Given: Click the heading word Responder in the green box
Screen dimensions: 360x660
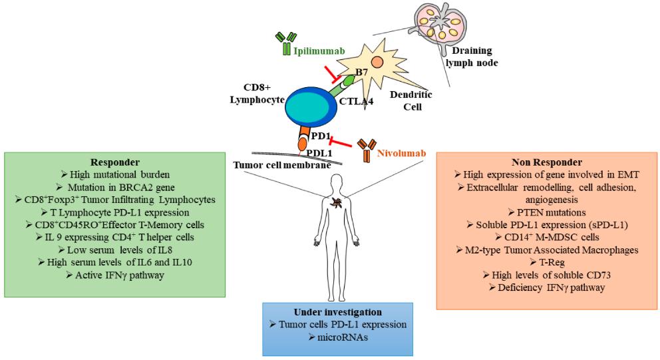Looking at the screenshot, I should (x=115, y=162).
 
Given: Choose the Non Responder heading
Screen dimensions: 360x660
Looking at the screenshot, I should (x=546, y=161).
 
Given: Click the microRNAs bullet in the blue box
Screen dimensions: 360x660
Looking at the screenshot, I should (x=344, y=337).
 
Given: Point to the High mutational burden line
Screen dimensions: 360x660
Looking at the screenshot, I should (x=115, y=174).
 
